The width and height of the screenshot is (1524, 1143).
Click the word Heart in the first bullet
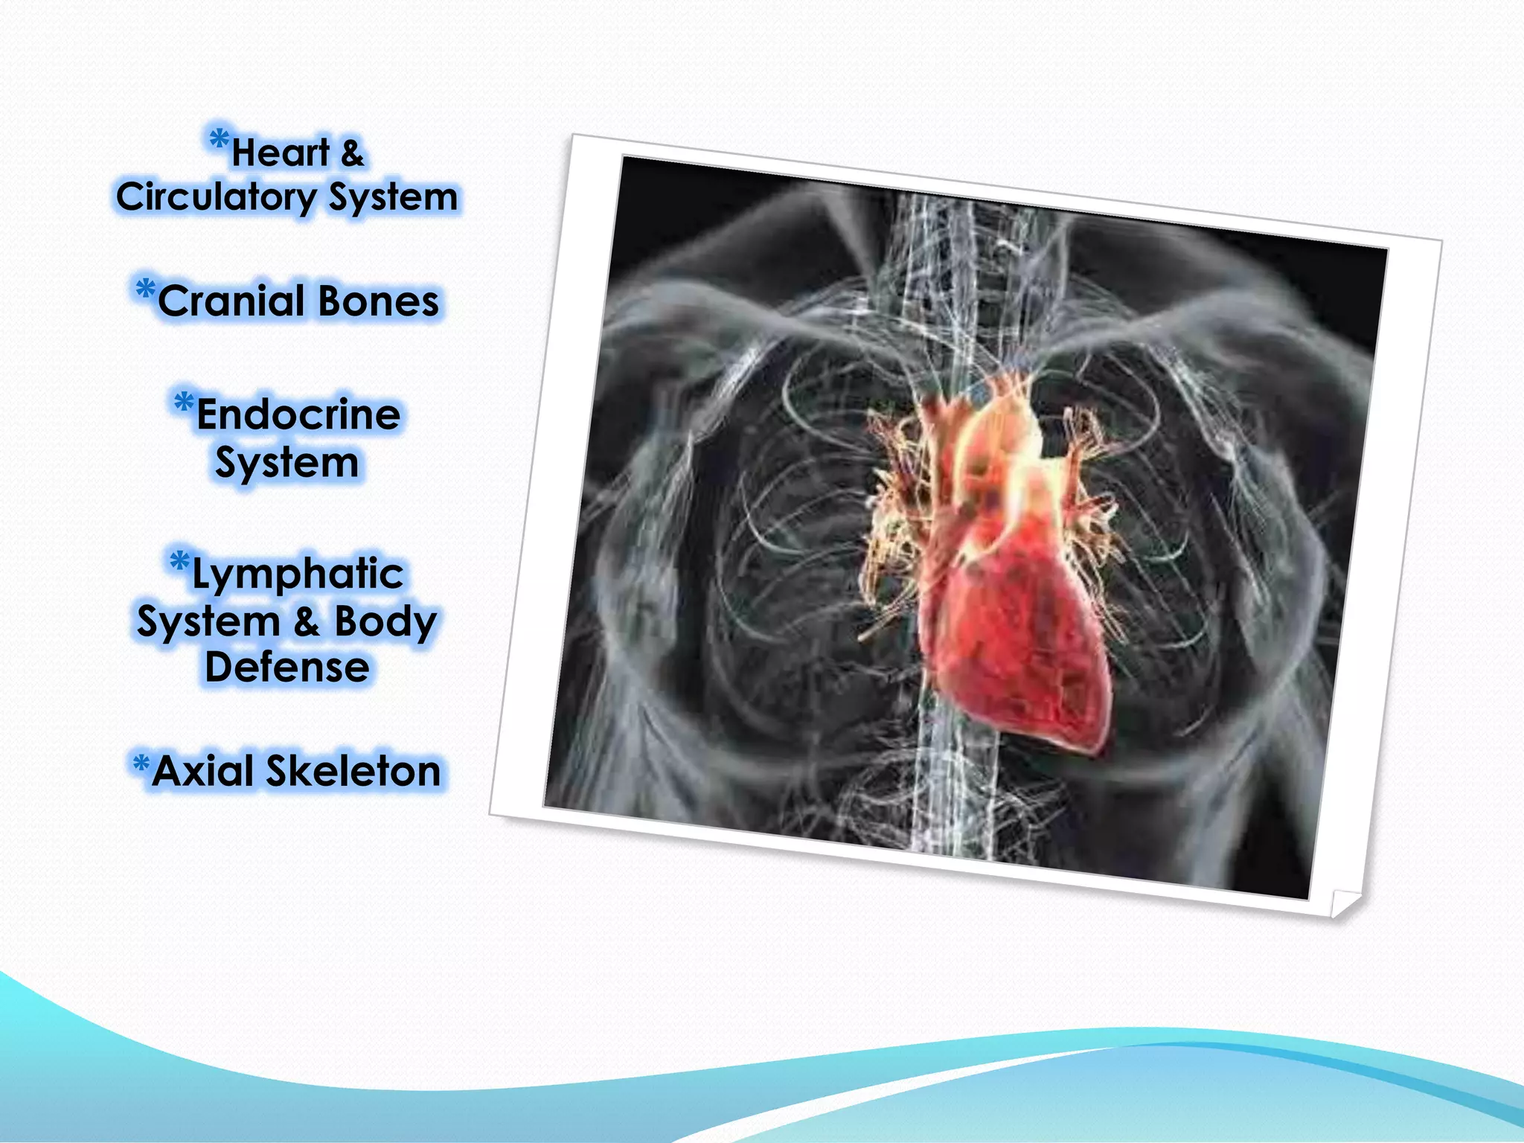point(281,153)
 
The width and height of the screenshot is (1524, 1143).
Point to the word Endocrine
point(298,414)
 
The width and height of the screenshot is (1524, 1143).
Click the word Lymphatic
point(298,574)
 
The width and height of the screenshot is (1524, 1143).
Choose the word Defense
point(287,667)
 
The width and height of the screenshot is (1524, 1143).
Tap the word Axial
point(202,771)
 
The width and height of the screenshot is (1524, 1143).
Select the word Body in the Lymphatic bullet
point(385,621)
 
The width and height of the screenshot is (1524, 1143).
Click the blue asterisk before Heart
point(219,139)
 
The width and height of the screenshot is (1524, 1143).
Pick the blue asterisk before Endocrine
point(184,403)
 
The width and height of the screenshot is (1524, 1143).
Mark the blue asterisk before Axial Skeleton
point(141,763)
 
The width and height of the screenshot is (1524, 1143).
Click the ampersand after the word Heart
point(352,153)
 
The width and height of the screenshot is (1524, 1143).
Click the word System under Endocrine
point(287,463)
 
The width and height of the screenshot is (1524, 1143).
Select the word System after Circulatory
point(393,198)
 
